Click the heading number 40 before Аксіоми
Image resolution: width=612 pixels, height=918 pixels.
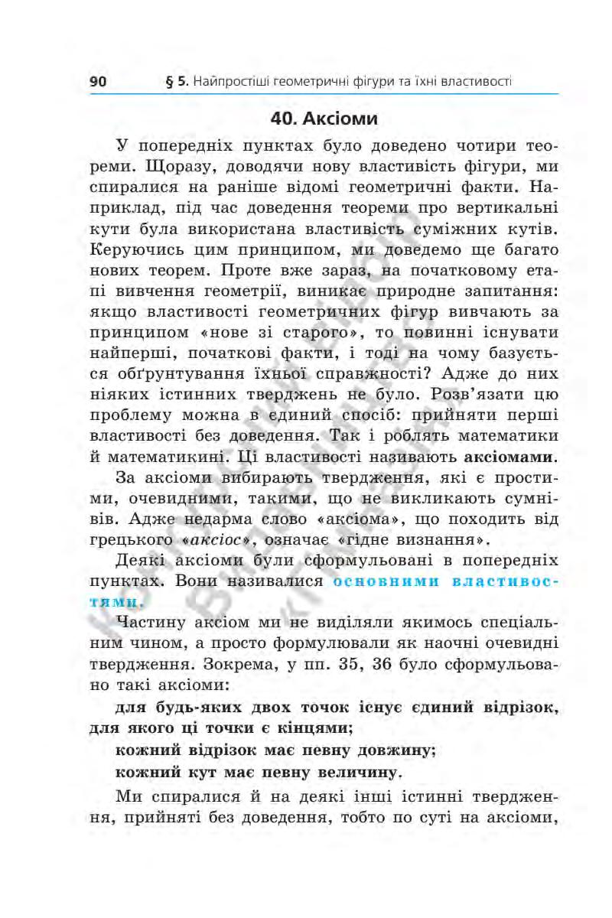point(284,120)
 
